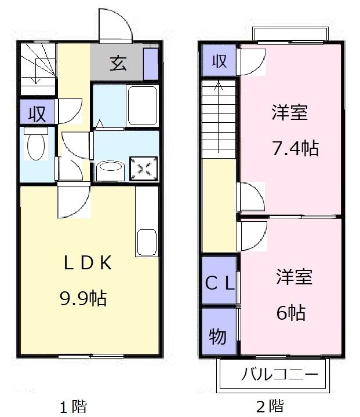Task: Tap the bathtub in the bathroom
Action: (x=143, y=105)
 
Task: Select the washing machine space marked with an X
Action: (x=144, y=168)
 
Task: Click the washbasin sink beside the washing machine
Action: (x=110, y=171)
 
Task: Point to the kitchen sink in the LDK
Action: (x=147, y=242)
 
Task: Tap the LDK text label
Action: (x=88, y=263)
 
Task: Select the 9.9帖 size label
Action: (x=83, y=298)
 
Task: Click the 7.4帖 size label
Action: (x=295, y=148)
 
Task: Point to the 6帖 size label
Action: (x=291, y=313)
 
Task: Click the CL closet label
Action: (x=220, y=283)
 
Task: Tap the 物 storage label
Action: (x=218, y=336)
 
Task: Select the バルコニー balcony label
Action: (x=279, y=375)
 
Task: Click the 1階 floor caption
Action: (x=73, y=407)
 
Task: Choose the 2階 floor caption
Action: (x=270, y=406)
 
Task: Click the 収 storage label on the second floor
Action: (x=219, y=61)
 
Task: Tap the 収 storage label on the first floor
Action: (x=37, y=114)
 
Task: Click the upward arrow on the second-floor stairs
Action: (x=219, y=116)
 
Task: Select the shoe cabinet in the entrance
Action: (x=151, y=64)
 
